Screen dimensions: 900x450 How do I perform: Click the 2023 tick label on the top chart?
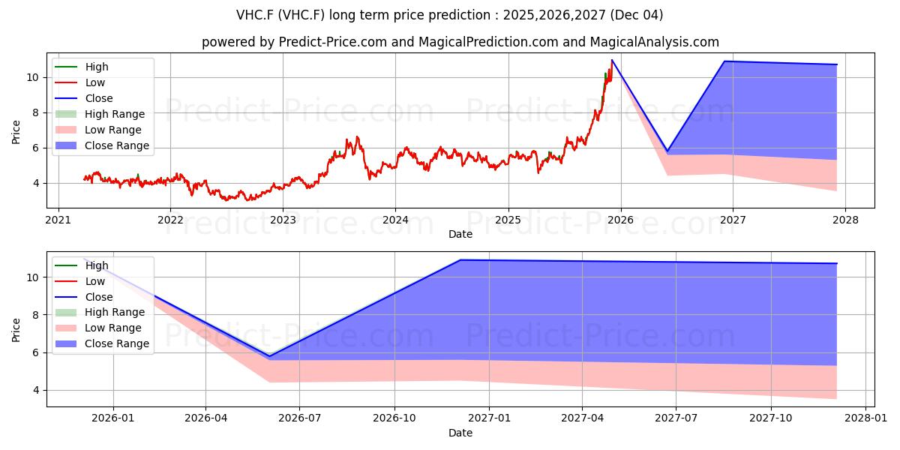(x=283, y=220)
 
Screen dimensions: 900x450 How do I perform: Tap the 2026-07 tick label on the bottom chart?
(x=300, y=418)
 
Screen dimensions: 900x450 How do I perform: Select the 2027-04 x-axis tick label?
(x=582, y=418)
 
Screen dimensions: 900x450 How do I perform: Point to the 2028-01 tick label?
(x=865, y=418)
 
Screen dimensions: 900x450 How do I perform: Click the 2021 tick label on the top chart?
(x=58, y=220)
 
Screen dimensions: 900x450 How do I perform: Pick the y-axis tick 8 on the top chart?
(x=36, y=113)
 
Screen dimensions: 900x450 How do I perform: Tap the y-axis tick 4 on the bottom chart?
(x=36, y=391)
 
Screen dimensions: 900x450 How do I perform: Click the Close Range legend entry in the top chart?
(x=102, y=145)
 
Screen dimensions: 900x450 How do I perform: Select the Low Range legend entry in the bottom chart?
(x=98, y=328)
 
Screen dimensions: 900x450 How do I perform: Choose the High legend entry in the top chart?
(x=82, y=67)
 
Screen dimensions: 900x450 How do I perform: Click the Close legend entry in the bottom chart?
(x=83, y=297)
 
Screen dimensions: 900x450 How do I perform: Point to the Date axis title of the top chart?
(x=460, y=234)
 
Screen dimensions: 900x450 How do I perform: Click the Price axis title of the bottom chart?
(x=16, y=330)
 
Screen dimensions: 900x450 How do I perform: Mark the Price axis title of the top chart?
(x=16, y=132)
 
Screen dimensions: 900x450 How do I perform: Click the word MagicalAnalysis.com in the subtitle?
(x=655, y=42)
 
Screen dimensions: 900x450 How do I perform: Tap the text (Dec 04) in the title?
(x=637, y=15)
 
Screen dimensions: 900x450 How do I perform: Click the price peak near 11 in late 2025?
(x=612, y=60)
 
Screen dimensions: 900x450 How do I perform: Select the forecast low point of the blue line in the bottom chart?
(x=269, y=356)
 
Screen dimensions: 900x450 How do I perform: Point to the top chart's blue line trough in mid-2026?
(x=667, y=151)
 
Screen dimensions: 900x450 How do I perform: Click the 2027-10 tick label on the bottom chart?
(x=771, y=418)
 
